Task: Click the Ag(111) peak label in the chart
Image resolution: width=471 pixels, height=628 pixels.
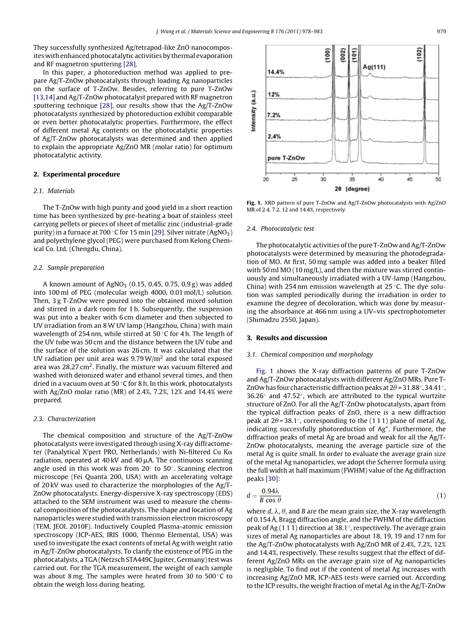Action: coord(373,67)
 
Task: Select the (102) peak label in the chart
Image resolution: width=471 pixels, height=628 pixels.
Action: coord(419,55)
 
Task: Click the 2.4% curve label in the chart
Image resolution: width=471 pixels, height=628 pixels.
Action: coord(274,136)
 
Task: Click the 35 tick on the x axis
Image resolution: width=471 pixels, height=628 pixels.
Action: coord(352,180)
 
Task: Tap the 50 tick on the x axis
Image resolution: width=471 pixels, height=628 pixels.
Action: coord(438,180)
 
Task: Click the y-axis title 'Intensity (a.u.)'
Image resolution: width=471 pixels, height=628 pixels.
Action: coord(254,111)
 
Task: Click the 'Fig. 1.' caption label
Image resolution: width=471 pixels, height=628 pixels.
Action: coord(255,203)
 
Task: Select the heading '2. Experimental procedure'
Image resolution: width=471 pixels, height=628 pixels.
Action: coord(76,174)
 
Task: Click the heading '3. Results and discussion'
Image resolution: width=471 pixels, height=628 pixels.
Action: coord(286,338)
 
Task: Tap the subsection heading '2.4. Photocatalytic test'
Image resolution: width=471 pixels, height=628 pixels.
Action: coord(280,229)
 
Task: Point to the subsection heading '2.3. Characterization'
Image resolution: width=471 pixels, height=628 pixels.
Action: coord(64,419)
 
